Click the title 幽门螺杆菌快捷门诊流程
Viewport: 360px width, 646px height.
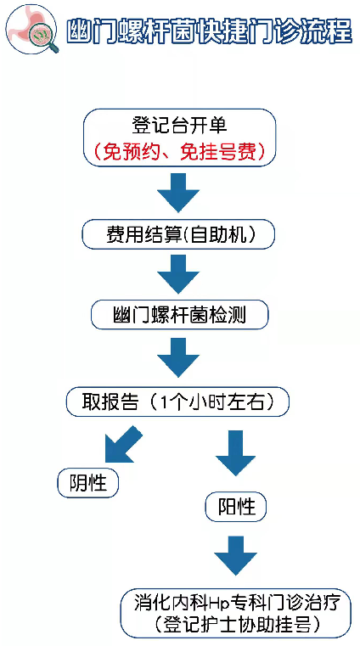pos(209,31)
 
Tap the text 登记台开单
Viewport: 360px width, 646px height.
pos(179,126)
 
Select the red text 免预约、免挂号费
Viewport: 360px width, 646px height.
pos(179,152)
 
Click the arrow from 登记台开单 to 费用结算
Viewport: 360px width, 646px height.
pos(178,192)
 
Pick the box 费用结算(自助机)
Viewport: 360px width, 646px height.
pos(178,234)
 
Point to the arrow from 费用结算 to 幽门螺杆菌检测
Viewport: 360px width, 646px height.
pos(178,274)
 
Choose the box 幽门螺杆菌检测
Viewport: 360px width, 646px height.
pos(180,315)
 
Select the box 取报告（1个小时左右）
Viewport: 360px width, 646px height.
pos(178,402)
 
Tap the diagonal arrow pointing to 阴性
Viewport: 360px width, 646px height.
pos(122,445)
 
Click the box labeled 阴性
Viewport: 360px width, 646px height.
pos(88,482)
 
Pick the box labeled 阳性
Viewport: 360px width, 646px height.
pos(236,506)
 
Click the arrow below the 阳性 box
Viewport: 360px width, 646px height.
pos(235,555)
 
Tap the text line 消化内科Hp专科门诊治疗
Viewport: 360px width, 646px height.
pos(237,604)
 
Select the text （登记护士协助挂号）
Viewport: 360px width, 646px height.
pos(237,624)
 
